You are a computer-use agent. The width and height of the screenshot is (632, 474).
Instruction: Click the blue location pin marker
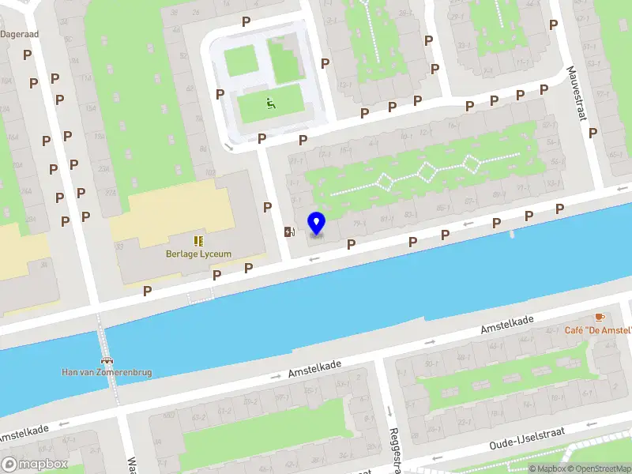[316, 224]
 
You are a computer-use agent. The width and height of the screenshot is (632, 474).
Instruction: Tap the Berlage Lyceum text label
[198, 254]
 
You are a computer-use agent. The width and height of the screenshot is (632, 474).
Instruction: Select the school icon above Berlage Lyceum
[198, 240]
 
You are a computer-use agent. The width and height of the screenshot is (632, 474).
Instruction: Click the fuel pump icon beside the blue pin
[290, 231]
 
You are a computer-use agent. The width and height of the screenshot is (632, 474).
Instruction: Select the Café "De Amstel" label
[597, 330]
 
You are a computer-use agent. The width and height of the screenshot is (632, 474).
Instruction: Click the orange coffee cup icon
[600, 317]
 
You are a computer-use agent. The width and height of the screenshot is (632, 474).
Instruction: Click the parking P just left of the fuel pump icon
[268, 207]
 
